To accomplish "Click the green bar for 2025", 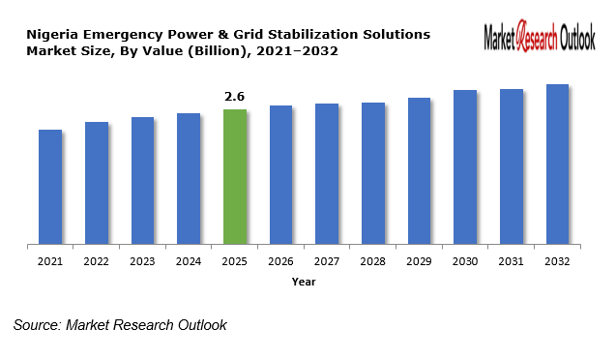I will click(235, 176).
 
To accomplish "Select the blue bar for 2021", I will click(50, 186).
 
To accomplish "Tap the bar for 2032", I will click(557, 164).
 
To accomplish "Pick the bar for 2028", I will click(373, 172).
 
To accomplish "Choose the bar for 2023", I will click(143, 180).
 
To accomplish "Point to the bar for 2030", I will click(465, 166).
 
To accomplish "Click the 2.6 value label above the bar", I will click(235, 97).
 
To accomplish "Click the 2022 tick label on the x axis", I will click(97, 261).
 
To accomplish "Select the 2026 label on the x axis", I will click(280, 261).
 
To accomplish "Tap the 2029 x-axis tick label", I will click(419, 261).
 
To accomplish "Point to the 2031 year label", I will click(511, 261).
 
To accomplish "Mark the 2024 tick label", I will click(189, 261).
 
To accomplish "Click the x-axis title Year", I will click(304, 282).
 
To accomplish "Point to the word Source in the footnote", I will click(36, 325).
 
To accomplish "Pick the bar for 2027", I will click(327, 173).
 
